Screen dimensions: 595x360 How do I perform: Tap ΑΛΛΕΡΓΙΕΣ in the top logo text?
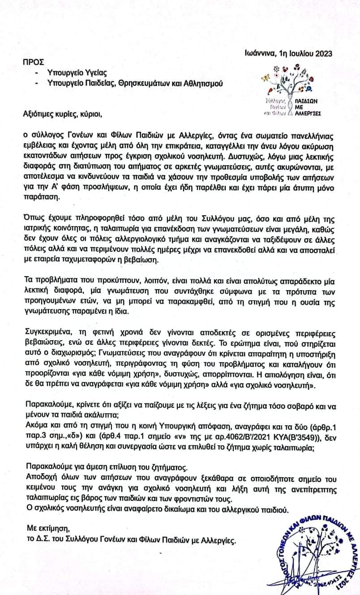click(308, 114)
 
